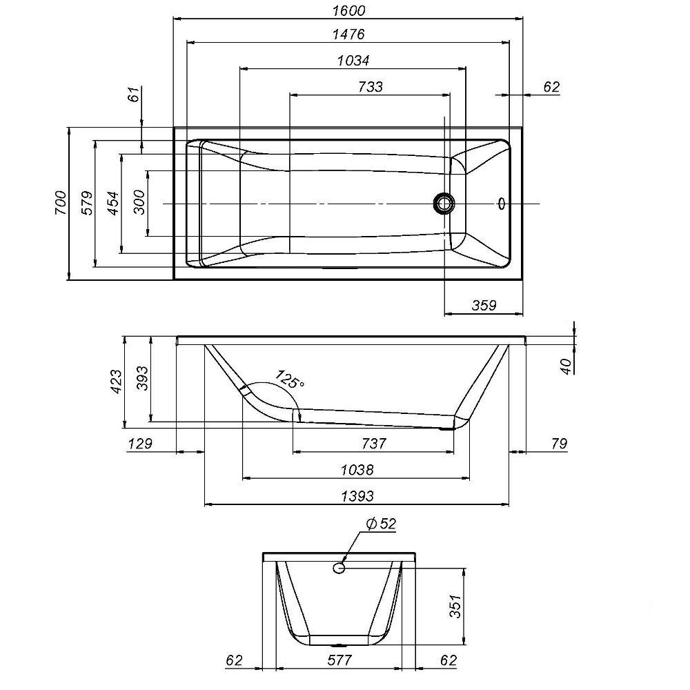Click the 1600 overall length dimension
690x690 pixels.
coord(348,11)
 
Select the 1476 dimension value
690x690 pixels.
coord(348,34)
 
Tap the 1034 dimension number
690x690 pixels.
coord(353,60)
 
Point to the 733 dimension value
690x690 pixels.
coord(371,86)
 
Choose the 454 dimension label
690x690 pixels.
coord(113,203)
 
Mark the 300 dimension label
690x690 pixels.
coord(139,203)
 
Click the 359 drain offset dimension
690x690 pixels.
coord(483,305)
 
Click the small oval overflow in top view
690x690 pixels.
coord(502,204)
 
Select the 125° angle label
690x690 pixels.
coord(290,379)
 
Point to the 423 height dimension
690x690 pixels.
coord(115,382)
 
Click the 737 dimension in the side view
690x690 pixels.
coord(373,443)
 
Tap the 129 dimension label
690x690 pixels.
coord(140,443)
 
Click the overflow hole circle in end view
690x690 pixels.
coord(339,567)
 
